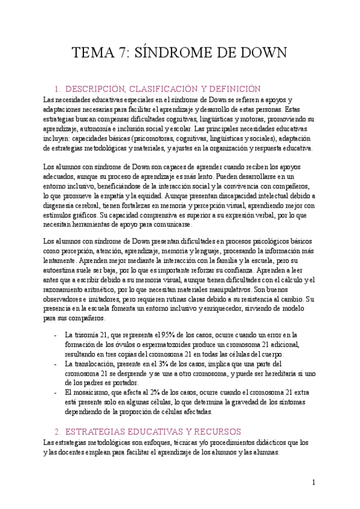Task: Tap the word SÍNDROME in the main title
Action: pos(178,53)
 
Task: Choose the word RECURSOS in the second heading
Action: pos(214,432)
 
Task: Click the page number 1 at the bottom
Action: pos(314,481)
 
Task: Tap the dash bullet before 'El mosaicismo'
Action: pos(55,393)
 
